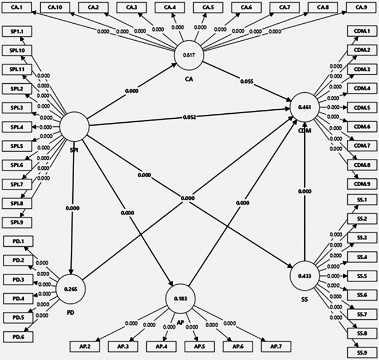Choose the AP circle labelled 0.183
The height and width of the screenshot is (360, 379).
tap(181, 298)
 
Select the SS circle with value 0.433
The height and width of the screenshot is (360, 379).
tap(305, 275)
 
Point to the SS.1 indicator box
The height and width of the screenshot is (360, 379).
tap(361, 200)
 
